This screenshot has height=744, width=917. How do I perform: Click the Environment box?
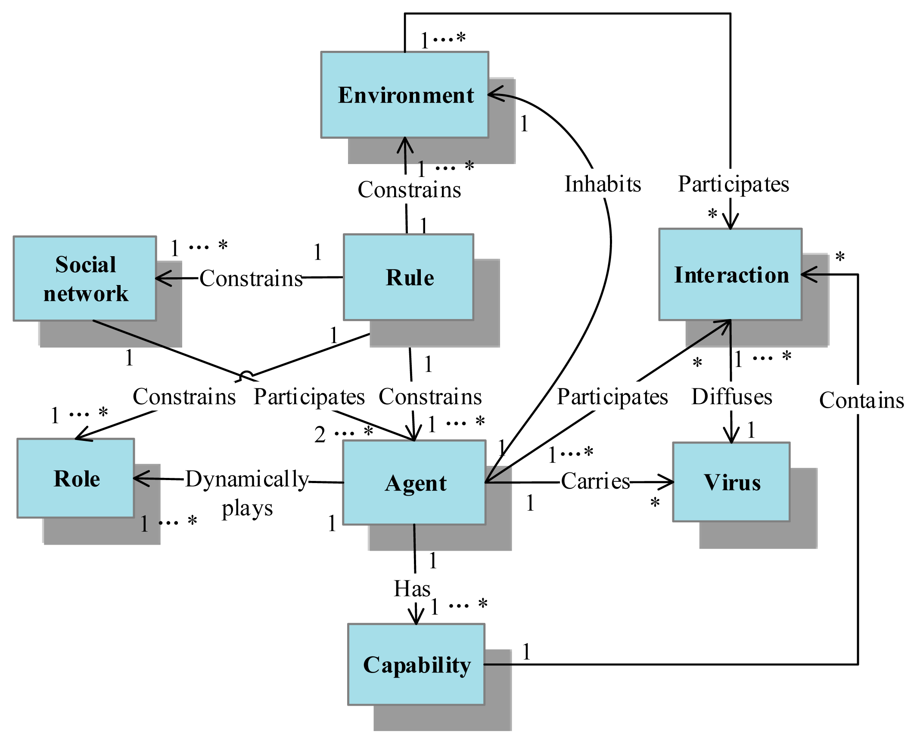pyautogui.click(x=404, y=95)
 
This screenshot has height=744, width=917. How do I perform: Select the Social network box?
pyautogui.click(x=85, y=278)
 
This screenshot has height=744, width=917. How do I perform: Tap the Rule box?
pyautogui.click(x=408, y=277)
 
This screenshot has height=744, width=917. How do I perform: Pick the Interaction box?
pyautogui.click(x=730, y=274)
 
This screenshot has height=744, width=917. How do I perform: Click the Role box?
pyautogui.click(x=76, y=478)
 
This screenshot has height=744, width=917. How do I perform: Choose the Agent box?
pyautogui.click(x=414, y=482)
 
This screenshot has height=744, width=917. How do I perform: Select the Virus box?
pyautogui.click(x=731, y=482)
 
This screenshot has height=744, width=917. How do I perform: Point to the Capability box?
pyautogui.click(x=416, y=664)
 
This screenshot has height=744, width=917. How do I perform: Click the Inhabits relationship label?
pyautogui.click(x=603, y=184)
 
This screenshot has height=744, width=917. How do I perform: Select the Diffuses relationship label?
pyautogui.click(x=731, y=396)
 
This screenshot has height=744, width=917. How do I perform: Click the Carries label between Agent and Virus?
pyautogui.click(x=595, y=481)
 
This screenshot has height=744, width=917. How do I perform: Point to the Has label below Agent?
pyautogui.click(x=412, y=588)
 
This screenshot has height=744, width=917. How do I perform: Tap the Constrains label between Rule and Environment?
pyautogui.click(x=409, y=189)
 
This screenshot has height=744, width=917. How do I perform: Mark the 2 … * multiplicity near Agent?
pyautogui.click(x=343, y=433)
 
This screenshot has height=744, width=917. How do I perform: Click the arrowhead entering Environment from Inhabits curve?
pyautogui.click(x=493, y=94)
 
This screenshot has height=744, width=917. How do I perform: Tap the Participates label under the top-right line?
pyautogui.click(x=733, y=184)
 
